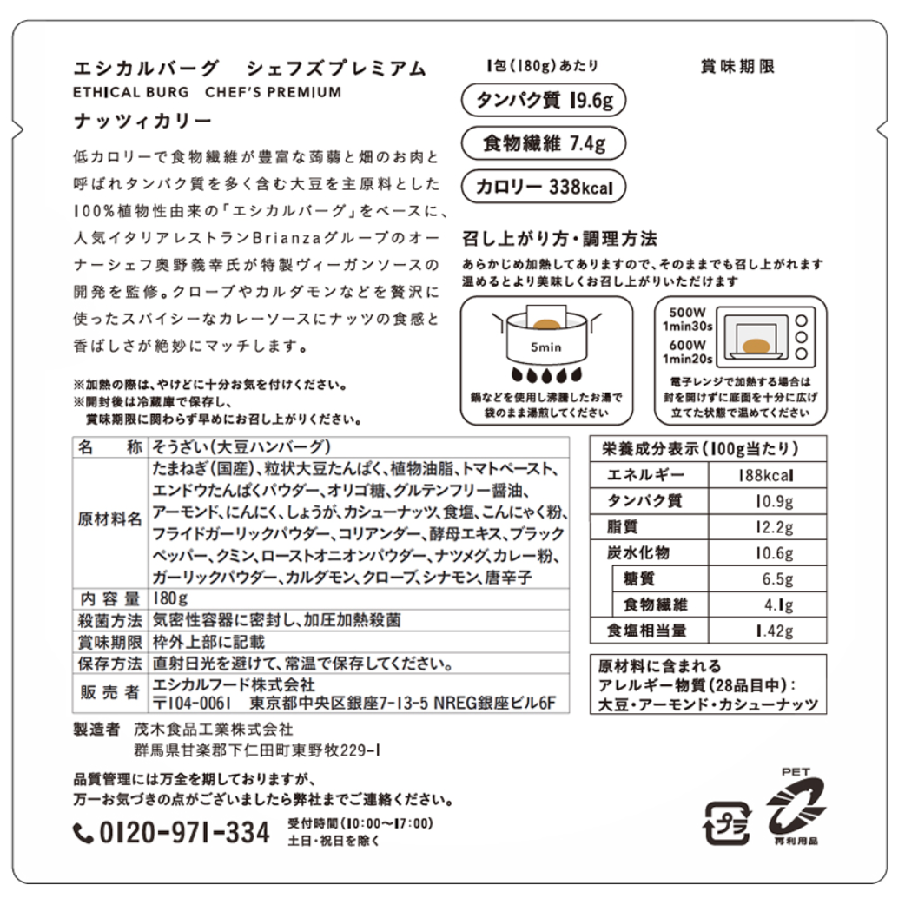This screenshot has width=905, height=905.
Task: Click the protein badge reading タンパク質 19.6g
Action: click(x=544, y=100)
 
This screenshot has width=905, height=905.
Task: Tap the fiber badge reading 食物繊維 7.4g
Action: click(x=544, y=143)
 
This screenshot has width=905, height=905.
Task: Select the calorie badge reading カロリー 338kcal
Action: click(x=544, y=187)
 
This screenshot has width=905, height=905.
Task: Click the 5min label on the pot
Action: click(x=546, y=347)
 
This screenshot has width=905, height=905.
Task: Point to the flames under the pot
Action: click(x=546, y=376)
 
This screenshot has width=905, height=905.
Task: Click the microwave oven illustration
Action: click(x=769, y=340)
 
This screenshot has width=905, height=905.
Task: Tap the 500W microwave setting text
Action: click(x=687, y=313)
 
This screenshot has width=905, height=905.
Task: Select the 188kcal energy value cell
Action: click(x=767, y=475)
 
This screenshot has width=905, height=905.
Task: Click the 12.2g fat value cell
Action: click(x=767, y=526)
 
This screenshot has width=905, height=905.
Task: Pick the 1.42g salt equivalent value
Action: click(x=767, y=631)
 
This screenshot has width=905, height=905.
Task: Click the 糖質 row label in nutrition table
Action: click(x=638, y=578)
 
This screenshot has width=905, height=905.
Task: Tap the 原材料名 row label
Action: click(x=109, y=519)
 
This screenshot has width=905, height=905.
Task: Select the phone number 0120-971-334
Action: click(x=184, y=832)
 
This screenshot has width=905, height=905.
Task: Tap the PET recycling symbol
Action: click(x=796, y=806)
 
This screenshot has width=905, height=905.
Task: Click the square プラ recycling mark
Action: click(x=727, y=823)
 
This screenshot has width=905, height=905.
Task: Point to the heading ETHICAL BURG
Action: click(x=131, y=92)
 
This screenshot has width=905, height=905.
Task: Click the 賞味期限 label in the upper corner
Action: click(x=737, y=66)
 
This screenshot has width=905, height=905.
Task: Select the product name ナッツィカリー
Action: click(x=142, y=122)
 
